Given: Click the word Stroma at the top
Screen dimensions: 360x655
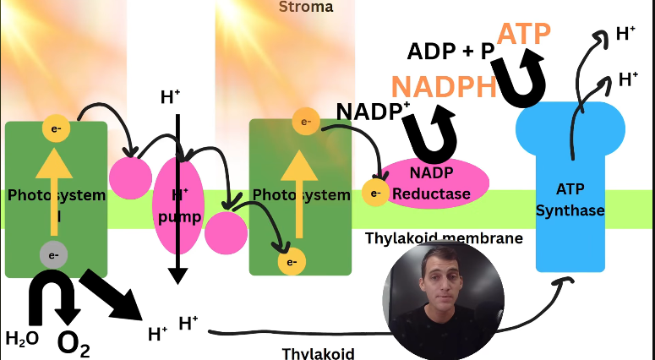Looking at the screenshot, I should click(306, 8).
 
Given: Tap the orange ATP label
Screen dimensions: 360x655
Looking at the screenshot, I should click(523, 33).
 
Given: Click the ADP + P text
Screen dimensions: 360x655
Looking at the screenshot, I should click(450, 52).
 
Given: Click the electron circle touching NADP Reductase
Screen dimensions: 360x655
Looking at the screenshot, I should click(374, 193).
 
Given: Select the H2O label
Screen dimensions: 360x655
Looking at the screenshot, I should click(22, 339).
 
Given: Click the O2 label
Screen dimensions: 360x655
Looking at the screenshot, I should click(73, 342).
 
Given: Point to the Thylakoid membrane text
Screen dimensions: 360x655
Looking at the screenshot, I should click(444, 238).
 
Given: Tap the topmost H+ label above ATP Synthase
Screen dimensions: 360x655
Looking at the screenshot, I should click(626, 34).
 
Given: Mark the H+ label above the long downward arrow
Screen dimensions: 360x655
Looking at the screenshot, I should click(171, 97).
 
